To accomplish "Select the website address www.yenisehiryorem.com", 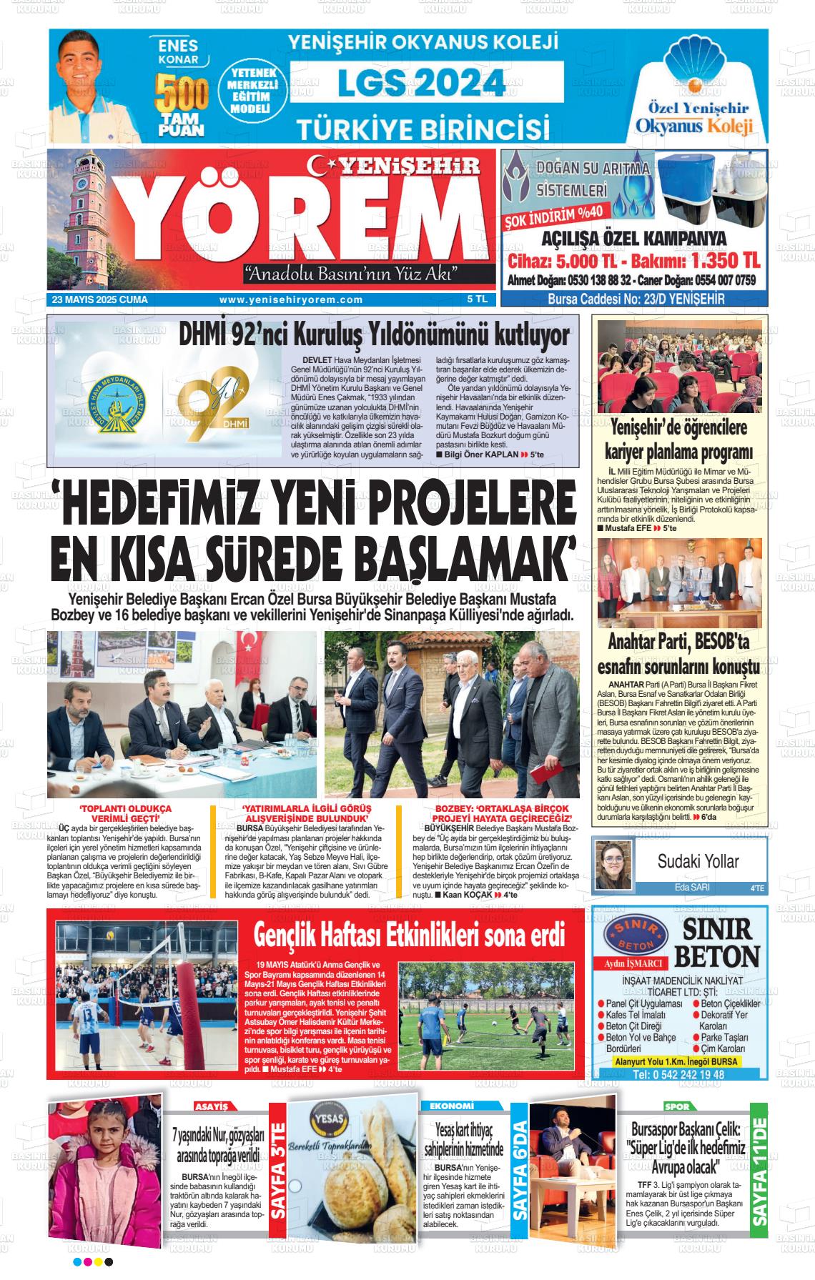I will point(291,300).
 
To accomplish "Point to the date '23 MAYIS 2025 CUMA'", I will point(99,300).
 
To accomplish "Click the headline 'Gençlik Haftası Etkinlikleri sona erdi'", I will point(410,935).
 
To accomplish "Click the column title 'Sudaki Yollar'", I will point(698,861).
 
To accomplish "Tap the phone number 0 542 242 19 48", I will point(678,1074).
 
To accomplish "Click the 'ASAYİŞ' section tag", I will point(212,1107).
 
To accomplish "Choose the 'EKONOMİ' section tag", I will point(453,1106).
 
